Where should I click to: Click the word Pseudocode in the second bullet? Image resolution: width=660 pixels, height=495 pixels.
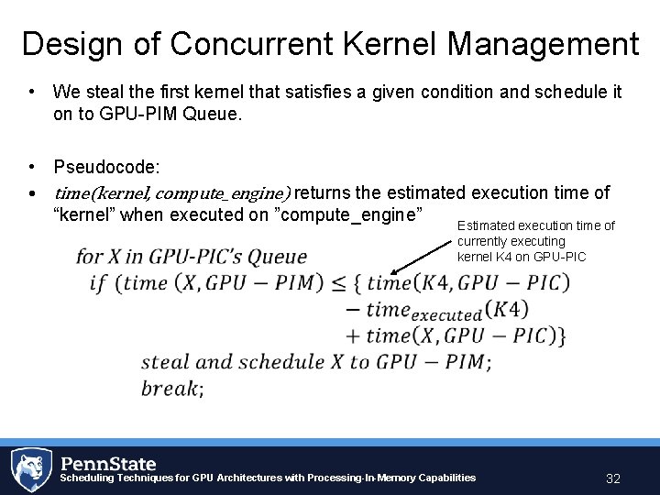pos(105,168)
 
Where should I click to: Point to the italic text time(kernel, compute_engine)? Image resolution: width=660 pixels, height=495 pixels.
pos(172,193)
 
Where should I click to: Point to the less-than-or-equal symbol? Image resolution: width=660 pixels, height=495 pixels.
pos(336,283)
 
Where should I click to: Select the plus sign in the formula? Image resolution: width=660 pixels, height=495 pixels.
pos(353,336)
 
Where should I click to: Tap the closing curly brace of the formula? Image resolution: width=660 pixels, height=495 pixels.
pos(560,336)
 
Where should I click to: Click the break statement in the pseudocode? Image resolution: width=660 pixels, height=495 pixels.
pos(171,389)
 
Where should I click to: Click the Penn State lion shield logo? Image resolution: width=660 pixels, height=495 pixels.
pos(30,469)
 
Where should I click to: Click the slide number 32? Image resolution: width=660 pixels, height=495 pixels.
pos(613,478)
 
